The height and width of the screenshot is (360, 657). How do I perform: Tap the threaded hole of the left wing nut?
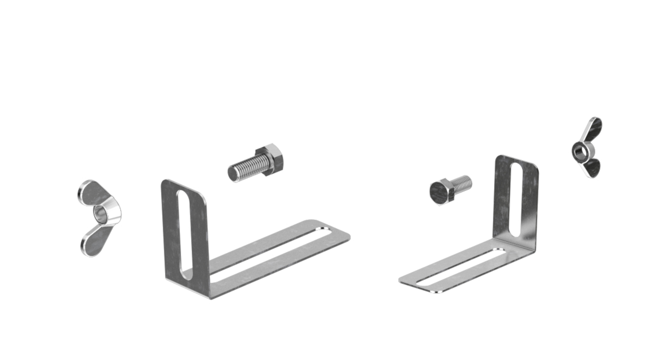[x=100, y=214]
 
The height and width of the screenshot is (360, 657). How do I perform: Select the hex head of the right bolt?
[x=440, y=192]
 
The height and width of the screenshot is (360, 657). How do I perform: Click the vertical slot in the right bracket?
[x=516, y=200]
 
